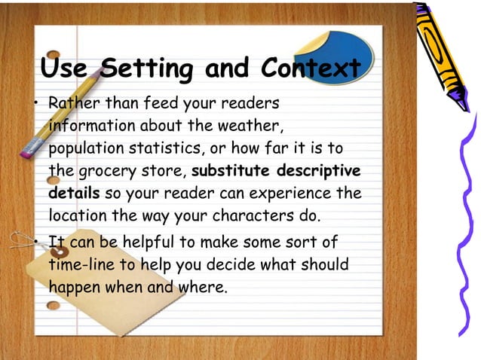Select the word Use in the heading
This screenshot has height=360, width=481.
[69, 69]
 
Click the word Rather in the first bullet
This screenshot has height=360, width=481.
[72, 102]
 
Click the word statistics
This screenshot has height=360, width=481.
[172, 148]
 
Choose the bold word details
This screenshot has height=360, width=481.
[74, 193]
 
